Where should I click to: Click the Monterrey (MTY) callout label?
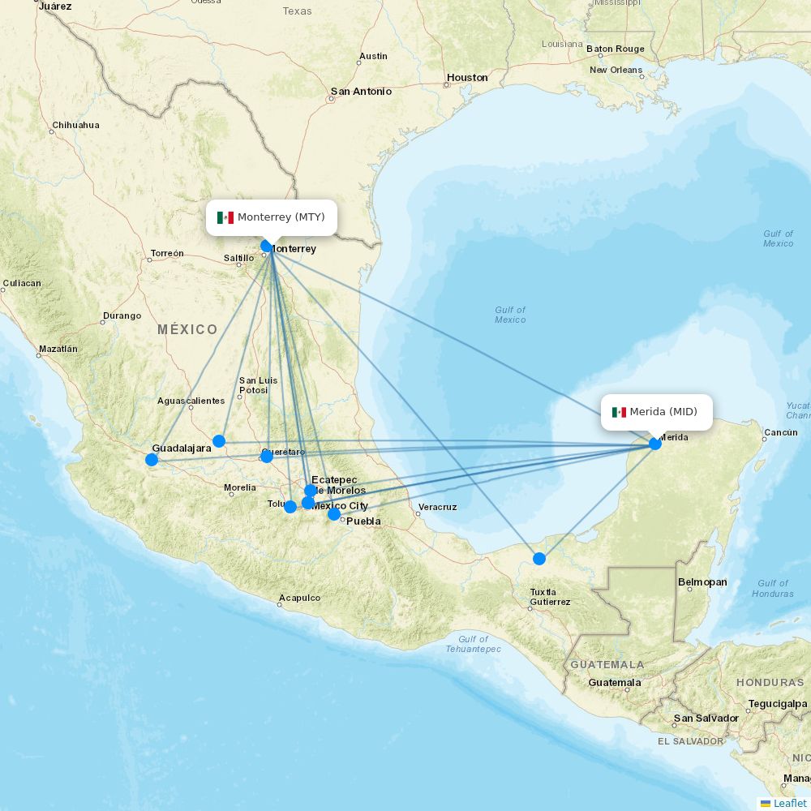(272, 217)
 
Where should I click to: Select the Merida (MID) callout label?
(656, 412)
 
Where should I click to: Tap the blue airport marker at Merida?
(655, 444)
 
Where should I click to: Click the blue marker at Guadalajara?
(152, 460)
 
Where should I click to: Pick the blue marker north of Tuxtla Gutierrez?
(539, 558)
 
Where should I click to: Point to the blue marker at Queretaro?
(267, 457)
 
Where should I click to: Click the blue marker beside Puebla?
(334, 513)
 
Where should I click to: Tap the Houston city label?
(467, 78)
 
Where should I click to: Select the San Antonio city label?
(361, 92)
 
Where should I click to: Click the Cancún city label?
(780, 432)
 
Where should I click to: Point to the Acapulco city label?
(299, 599)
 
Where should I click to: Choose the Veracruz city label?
(437, 508)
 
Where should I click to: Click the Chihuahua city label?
(75, 126)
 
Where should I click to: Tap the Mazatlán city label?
(58, 350)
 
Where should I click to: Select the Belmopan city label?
(702, 582)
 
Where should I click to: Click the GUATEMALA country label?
(607, 665)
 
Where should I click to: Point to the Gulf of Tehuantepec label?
(473, 644)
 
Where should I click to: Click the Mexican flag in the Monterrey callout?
(225, 217)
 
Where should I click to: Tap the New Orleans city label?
(616, 70)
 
